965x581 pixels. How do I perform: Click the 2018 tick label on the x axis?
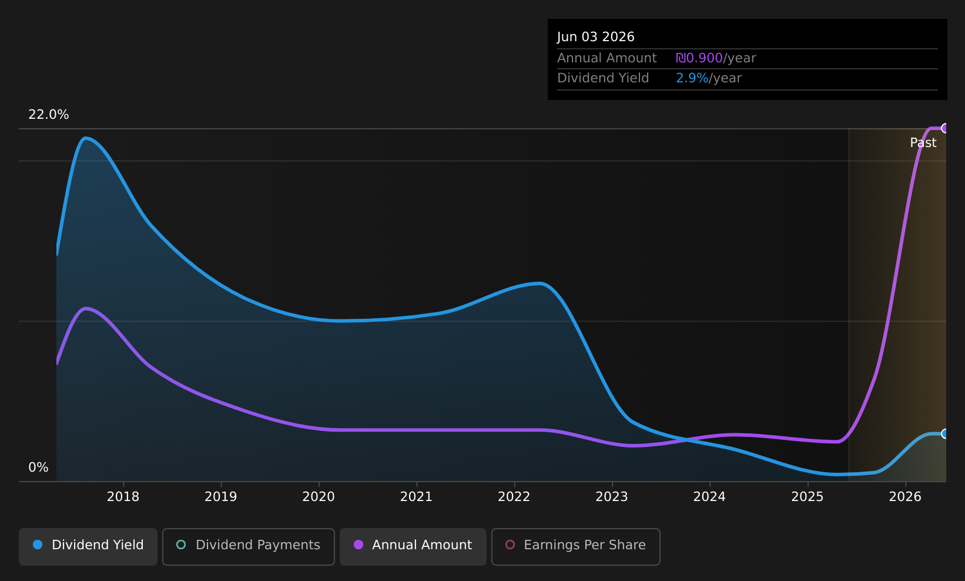[123, 497]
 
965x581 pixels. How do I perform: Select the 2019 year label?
[221, 497]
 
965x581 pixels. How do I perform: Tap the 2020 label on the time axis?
[319, 497]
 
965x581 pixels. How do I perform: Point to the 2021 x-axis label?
[417, 497]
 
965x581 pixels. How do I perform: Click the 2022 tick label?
[514, 497]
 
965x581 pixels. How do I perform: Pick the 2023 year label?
[612, 497]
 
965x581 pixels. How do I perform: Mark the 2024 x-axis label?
[710, 497]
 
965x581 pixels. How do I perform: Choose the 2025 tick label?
[807, 497]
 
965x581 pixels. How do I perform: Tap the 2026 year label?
[906, 497]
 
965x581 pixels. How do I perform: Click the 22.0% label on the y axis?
[49, 115]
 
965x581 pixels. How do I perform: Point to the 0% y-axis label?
[38, 468]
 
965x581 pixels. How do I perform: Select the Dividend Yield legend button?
[88, 546]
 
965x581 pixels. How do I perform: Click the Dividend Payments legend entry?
[249, 546]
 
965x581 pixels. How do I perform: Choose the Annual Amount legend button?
[413, 546]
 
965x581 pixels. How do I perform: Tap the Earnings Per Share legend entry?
[576, 546]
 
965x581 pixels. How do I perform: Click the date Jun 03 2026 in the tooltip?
[596, 37]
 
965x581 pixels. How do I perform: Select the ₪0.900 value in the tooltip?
[699, 58]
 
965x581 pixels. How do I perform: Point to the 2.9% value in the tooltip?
[692, 78]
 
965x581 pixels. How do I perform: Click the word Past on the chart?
[923, 143]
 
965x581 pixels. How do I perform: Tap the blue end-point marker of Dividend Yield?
[945, 433]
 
